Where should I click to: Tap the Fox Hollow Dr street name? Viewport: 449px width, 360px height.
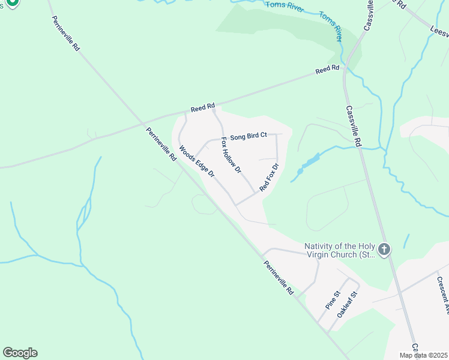(231, 155)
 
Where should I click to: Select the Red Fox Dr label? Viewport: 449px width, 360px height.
(270, 178)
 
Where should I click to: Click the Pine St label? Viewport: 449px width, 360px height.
(333, 300)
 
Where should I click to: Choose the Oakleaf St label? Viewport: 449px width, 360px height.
(348, 304)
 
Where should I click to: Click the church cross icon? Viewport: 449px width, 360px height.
(384, 248)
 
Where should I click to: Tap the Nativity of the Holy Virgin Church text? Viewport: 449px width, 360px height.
(340, 250)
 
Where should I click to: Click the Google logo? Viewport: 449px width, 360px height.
(20, 353)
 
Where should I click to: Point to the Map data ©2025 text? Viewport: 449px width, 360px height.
(423, 355)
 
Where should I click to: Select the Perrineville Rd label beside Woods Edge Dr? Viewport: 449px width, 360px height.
(160, 144)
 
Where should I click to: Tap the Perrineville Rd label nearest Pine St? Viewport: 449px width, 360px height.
(279, 277)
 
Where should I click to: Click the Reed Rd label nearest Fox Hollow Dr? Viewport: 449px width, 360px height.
(203, 108)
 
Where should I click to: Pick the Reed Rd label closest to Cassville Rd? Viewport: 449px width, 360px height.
(328, 71)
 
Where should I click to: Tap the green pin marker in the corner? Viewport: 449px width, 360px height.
(11, 2)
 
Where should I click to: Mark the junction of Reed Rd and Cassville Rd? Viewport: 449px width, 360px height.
(345, 68)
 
